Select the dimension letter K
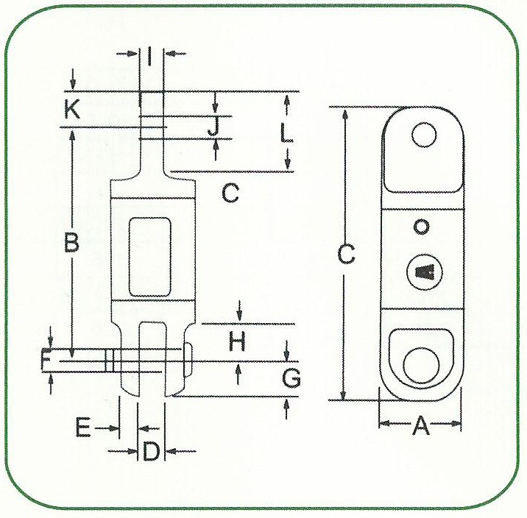coord(71,109)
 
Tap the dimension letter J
coord(213,127)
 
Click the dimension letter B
coord(71,243)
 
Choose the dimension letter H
coord(236,341)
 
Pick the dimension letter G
coord(291,378)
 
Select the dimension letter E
coord(83,428)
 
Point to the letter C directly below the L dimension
coord(230,194)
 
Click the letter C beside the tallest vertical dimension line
coord(346,255)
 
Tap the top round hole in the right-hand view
coord(424,135)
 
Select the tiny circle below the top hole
coord(421,227)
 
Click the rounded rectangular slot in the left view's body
coord(151,252)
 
